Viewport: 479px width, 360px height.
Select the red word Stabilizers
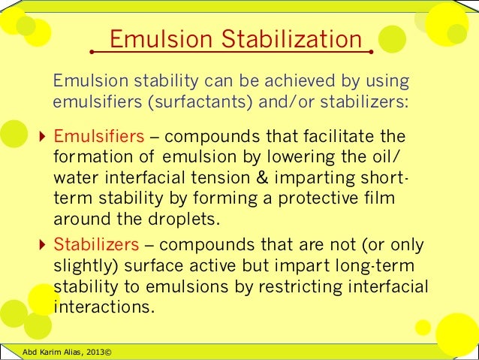coord(97,245)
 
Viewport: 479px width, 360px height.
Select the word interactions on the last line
coord(101,308)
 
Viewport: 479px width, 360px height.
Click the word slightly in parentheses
coord(84,267)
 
